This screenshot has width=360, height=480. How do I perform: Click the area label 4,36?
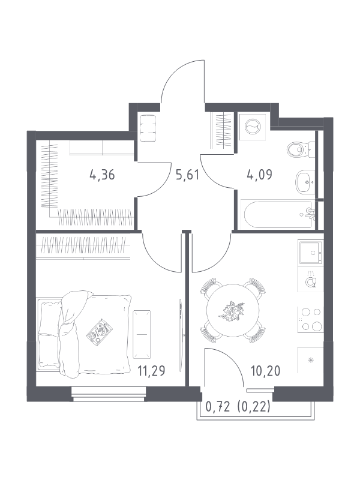click(102, 175)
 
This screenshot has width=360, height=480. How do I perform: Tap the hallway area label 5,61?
click(187, 175)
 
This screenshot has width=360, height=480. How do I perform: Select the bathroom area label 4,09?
click(260, 175)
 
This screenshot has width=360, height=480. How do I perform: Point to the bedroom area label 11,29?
click(151, 371)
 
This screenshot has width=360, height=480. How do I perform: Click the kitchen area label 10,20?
click(265, 371)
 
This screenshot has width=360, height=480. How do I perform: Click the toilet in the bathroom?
click(301, 150)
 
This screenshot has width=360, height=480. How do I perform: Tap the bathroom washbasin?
click(305, 182)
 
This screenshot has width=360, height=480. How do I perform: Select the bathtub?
click(278, 214)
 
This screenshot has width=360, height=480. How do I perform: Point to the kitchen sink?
click(311, 252)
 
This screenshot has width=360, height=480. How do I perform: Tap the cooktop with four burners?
click(311, 319)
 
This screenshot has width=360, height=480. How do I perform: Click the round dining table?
click(233, 310)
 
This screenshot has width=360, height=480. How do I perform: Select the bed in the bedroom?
click(84, 334)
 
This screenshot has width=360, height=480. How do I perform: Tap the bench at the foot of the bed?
click(142, 334)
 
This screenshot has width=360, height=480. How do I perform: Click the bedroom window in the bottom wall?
click(109, 394)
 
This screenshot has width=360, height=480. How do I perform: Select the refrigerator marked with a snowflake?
click(311, 360)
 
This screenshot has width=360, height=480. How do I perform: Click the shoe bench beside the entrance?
click(148, 127)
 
